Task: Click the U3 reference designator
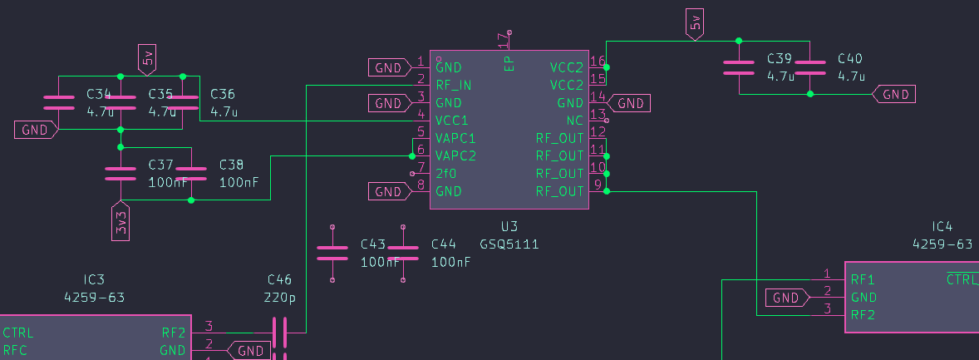[x=509, y=226]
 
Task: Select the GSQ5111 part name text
[x=509, y=244]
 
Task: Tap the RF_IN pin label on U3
[x=454, y=85]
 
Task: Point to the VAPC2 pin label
[x=455, y=155]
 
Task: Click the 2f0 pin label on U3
[x=446, y=174]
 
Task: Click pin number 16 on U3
[x=597, y=62]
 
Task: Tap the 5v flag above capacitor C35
[x=147, y=57]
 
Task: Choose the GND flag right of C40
[x=894, y=95]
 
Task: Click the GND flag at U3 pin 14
[x=629, y=103]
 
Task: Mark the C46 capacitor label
[x=279, y=279]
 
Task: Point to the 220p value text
[x=279, y=297]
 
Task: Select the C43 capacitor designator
[x=373, y=244]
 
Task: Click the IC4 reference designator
[x=942, y=226]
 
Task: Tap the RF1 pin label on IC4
[x=862, y=279]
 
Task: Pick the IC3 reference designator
[x=95, y=279]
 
